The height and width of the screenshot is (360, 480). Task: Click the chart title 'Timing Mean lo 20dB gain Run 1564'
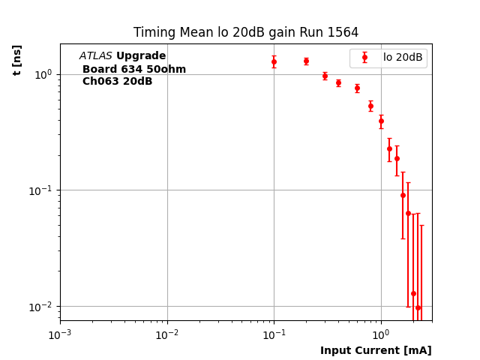coord(246,33)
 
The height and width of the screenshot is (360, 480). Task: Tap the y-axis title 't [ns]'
coord(17,55)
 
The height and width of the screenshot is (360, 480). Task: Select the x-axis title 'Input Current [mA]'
coord(376,350)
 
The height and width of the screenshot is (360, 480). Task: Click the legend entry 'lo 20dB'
coord(403,57)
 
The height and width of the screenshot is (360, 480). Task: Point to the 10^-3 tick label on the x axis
coord(60,334)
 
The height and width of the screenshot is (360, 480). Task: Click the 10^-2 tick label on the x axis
coord(167,334)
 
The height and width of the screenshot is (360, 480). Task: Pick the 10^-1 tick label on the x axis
coord(274,334)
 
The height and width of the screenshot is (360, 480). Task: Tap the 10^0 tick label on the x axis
coord(381,334)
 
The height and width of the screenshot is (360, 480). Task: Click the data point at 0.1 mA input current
coord(274,61)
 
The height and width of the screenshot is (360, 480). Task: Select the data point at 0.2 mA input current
coord(306,61)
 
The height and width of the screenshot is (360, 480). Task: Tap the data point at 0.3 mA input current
coord(325,76)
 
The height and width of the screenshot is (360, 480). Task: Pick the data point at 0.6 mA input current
coord(357,88)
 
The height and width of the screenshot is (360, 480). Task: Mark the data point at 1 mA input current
coord(381,121)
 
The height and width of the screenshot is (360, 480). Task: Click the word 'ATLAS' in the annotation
coord(96,56)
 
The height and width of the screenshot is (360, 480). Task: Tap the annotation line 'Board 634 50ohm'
coord(134,69)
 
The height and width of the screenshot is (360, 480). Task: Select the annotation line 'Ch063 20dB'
coord(117,81)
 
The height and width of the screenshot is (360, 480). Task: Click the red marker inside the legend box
coord(364,57)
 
